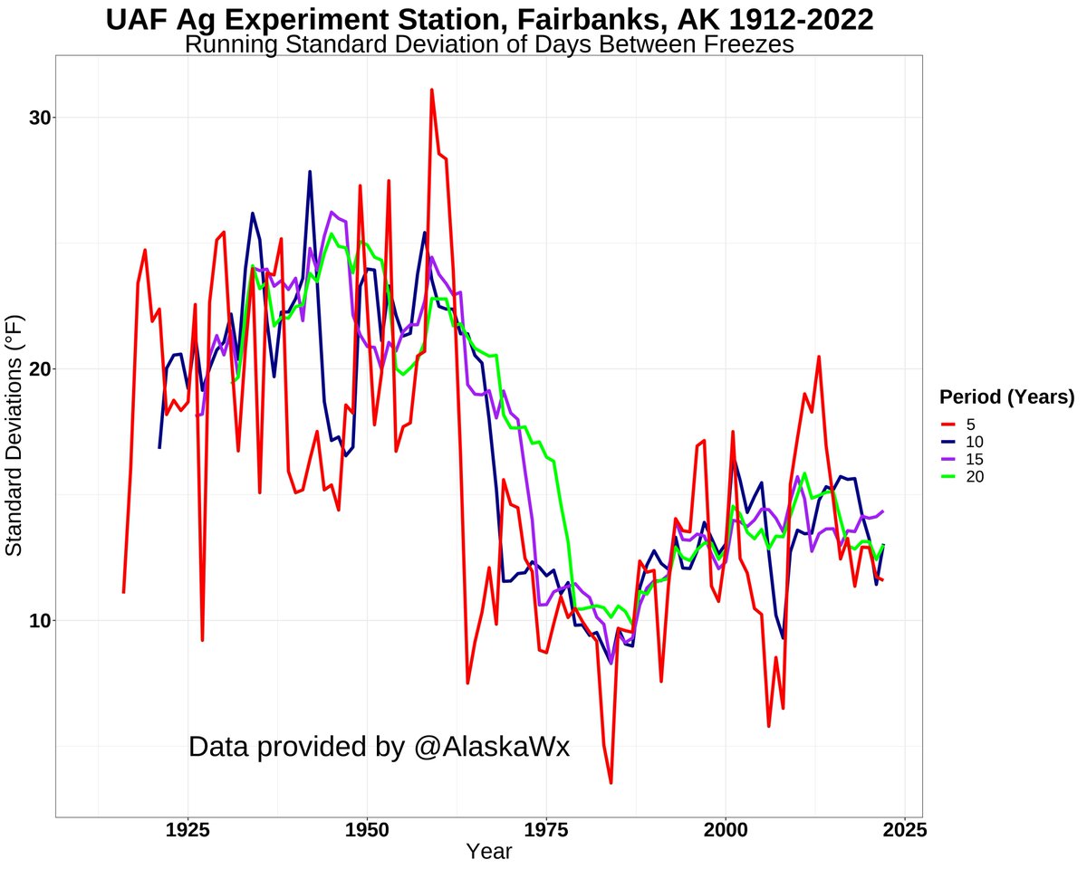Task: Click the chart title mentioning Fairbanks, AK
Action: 489,19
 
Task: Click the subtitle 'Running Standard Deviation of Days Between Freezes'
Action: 489,44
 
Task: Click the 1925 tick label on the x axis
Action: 188,829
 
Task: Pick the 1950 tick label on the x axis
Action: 367,829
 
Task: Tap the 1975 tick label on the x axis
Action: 546,829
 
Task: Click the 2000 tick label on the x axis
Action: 725,829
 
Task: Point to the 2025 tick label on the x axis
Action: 903,829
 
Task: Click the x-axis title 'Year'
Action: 489,852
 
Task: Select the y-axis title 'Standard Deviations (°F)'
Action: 14,436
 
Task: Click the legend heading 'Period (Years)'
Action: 1006,396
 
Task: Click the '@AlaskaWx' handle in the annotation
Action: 493,747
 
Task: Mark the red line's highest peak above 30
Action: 432,90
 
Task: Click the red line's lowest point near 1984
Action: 611,782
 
